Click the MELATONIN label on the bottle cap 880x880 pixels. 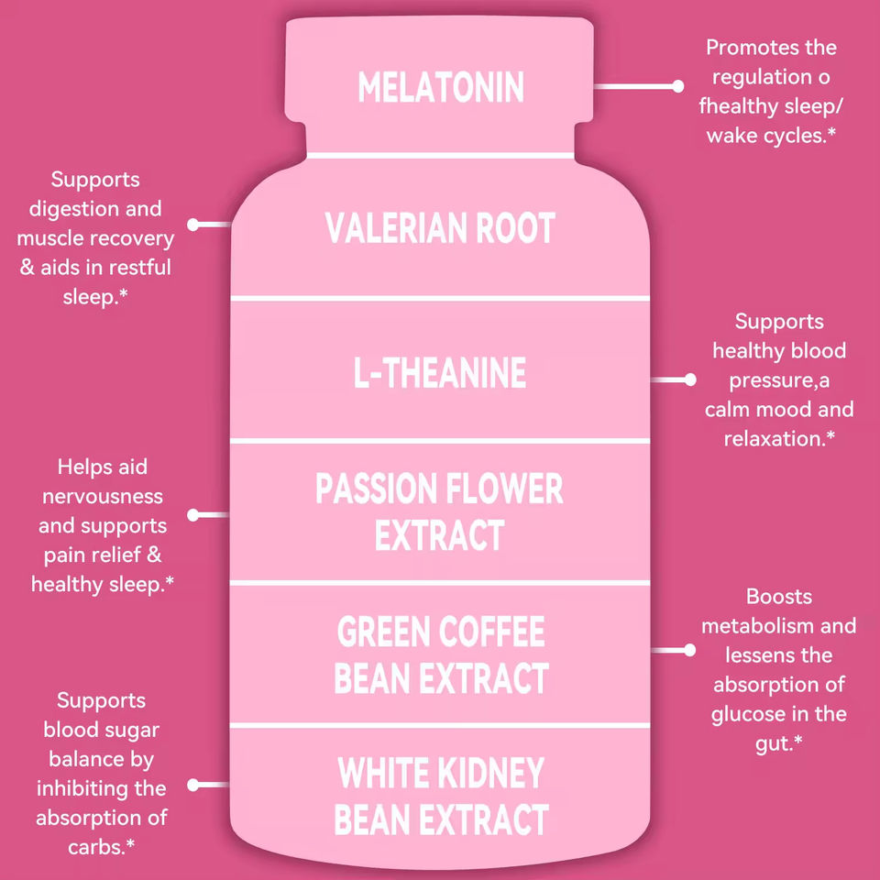[x=440, y=87]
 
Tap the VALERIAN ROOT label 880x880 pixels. [x=440, y=228]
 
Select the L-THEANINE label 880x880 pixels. [x=440, y=373]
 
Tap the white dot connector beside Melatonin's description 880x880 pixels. [x=678, y=86]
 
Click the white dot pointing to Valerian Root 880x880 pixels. [x=193, y=224]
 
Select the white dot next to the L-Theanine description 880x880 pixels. [x=690, y=379]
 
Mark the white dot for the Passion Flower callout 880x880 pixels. [x=193, y=515]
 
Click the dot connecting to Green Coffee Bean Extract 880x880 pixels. [x=690, y=649]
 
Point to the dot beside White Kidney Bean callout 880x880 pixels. [x=193, y=785]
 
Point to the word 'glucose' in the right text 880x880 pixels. [x=752, y=714]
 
